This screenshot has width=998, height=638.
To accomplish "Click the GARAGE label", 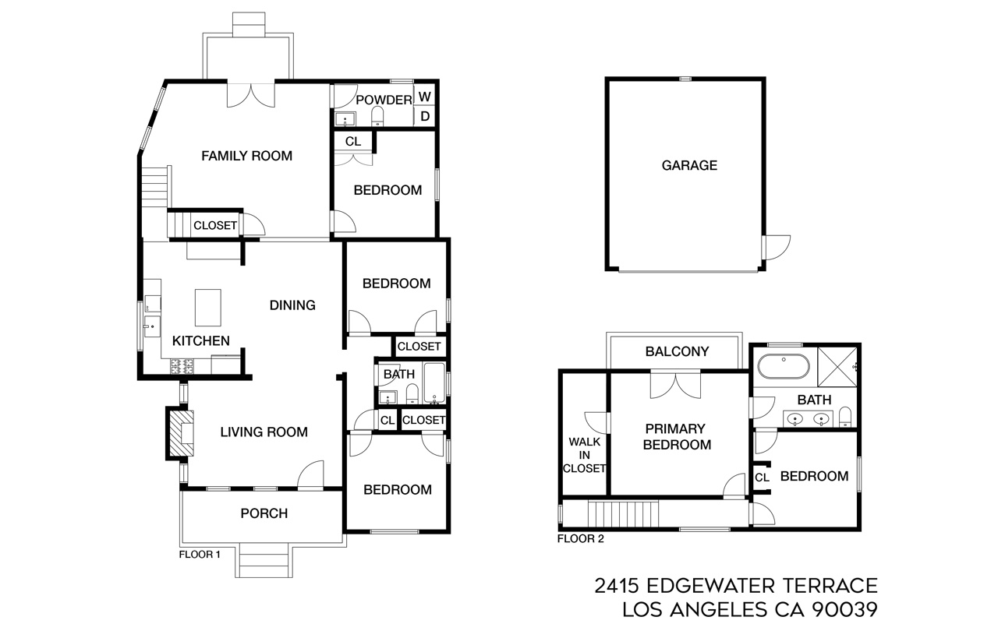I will point(689,165).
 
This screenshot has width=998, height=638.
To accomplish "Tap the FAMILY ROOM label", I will point(246,156).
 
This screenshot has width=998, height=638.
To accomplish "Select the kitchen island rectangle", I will point(208,308).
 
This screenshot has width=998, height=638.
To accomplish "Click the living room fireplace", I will point(180,433).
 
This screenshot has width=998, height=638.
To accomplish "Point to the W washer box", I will point(425,97).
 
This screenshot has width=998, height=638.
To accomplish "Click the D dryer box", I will point(425,116).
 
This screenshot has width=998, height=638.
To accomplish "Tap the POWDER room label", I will point(383,100).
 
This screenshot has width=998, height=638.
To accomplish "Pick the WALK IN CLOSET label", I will point(585,455).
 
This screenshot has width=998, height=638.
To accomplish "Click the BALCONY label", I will point(677,351).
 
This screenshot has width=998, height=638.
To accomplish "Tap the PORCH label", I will point(264,513).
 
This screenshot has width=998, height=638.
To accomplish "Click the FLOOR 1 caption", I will point(200,555).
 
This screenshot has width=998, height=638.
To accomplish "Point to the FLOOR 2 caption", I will point(580,538).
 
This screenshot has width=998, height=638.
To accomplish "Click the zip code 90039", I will point(845,610).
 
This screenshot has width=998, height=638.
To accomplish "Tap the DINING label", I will point(292,305).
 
